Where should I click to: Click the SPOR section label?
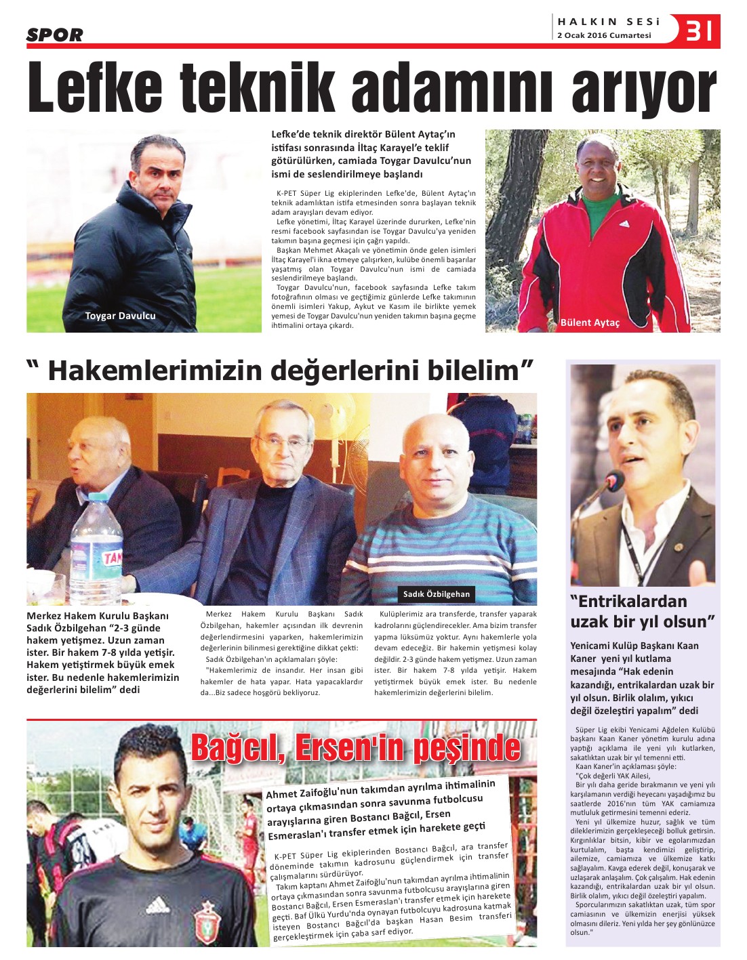click(55, 35)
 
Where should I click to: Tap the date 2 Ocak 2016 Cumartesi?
click(603, 35)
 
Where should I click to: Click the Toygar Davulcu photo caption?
click(120, 316)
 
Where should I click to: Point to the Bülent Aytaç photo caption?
click(590, 322)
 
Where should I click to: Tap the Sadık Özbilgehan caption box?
click(436, 594)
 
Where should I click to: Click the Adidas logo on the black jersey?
click(157, 905)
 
